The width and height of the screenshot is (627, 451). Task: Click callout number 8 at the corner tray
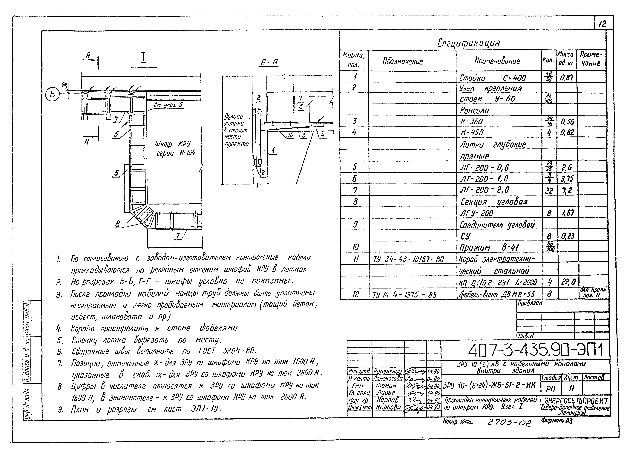[117, 224]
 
